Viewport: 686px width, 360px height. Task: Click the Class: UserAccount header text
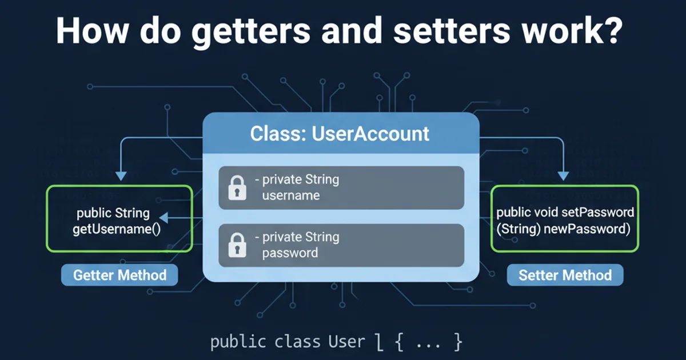pos(340,134)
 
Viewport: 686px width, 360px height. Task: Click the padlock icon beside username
pos(237,188)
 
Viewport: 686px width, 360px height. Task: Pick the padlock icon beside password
pos(237,245)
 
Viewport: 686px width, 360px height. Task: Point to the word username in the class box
pos(290,195)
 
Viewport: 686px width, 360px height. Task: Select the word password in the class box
pos(290,253)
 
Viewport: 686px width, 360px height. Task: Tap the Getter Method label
pos(119,275)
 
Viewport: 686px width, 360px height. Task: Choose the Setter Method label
pos(565,275)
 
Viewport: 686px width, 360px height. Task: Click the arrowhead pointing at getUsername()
pos(162,218)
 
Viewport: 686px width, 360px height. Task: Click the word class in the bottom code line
pos(297,342)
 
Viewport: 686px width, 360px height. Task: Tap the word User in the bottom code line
pos(346,342)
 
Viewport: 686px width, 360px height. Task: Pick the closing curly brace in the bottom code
pos(457,342)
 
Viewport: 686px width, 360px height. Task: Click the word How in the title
pos(88,31)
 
